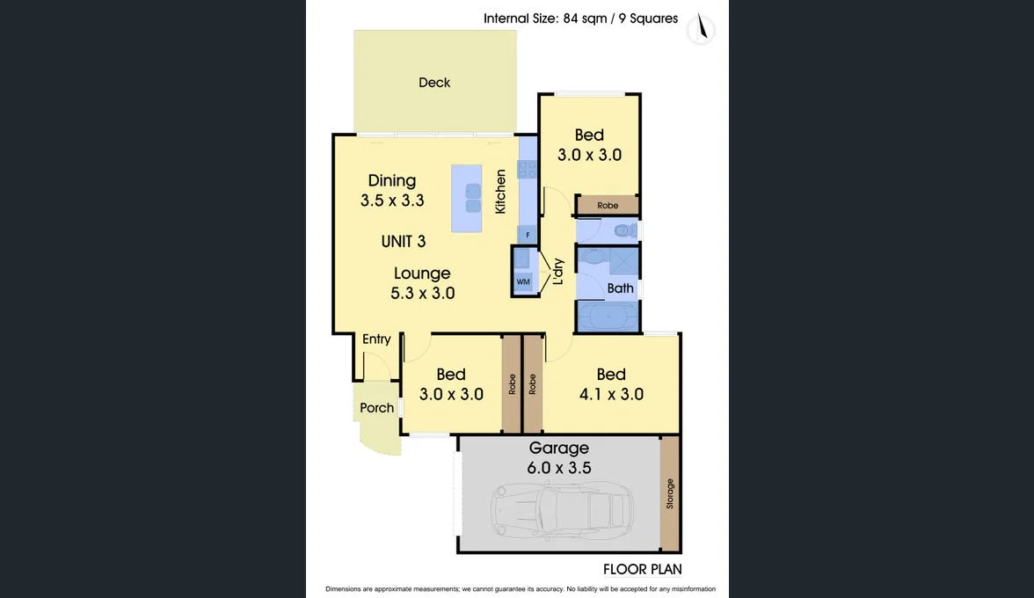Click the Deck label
(x=434, y=83)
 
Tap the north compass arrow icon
(x=701, y=28)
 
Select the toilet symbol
(x=623, y=231)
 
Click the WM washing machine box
(x=523, y=282)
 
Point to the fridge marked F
(x=528, y=235)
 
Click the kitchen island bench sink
(x=472, y=199)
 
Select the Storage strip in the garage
(x=670, y=493)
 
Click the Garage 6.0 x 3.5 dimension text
(x=559, y=468)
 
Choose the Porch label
(x=377, y=408)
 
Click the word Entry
(x=376, y=339)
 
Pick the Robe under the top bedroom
(x=608, y=206)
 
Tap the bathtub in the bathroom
(x=608, y=315)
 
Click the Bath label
(x=620, y=288)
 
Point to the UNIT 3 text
(x=404, y=241)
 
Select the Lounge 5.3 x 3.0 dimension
(x=423, y=294)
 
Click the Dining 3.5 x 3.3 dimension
(x=392, y=201)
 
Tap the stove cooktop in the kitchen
(x=528, y=168)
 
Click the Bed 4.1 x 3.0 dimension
(x=611, y=394)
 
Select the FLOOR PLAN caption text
(x=643, y=569)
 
